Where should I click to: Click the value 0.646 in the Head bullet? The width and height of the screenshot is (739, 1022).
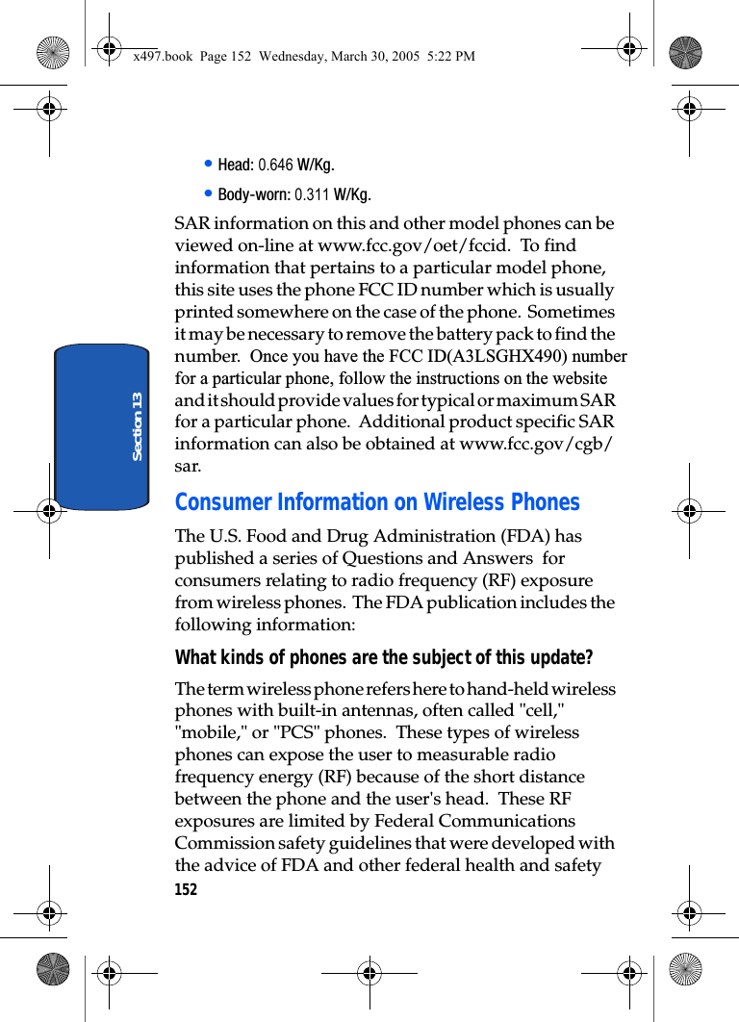275,165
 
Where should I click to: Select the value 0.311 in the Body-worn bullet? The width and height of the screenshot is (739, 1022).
312,195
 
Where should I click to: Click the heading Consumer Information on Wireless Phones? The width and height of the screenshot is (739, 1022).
377,502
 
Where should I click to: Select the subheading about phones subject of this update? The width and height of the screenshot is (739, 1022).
384,658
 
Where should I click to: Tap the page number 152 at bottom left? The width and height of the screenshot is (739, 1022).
186,890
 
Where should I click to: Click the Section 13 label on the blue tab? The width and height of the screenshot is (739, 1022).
137,425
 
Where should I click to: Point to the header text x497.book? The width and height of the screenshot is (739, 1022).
162,57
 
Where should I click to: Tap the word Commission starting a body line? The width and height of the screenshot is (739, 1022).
217,843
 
